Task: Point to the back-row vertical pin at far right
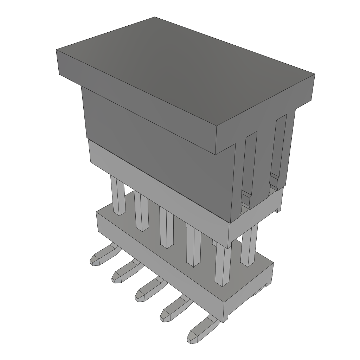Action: coord(249,246)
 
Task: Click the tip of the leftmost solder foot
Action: coord(95,261)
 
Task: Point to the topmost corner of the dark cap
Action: coord(155,17)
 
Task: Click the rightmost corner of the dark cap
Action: coord(314,75)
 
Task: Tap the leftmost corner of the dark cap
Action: coord(57,50)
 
